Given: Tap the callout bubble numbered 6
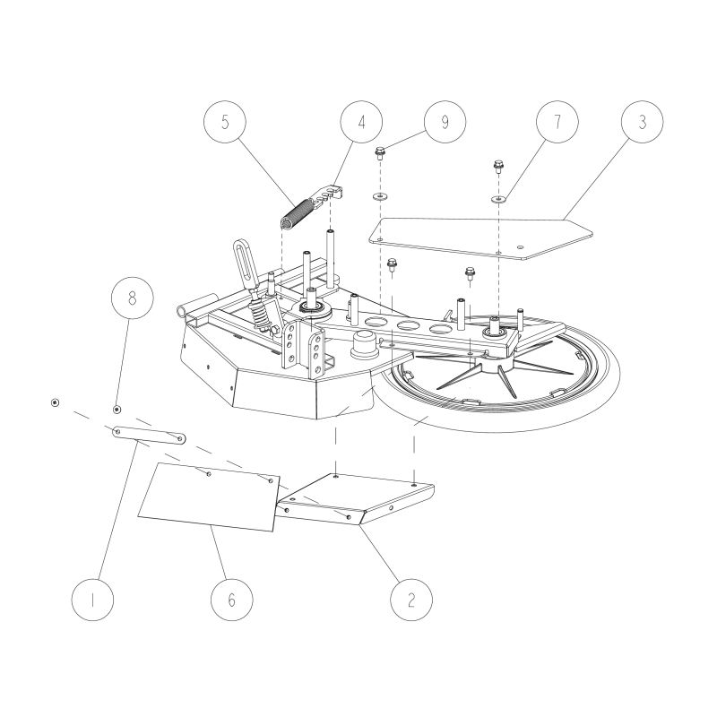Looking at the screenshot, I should (x=231, y=599).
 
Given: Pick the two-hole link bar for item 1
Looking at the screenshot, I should (x=149, y=435).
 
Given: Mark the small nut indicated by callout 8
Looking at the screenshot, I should (x=117, y=409).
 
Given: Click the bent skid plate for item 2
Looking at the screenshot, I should (x=358, y=498).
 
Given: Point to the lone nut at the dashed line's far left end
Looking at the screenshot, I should (x=55, y=402).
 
